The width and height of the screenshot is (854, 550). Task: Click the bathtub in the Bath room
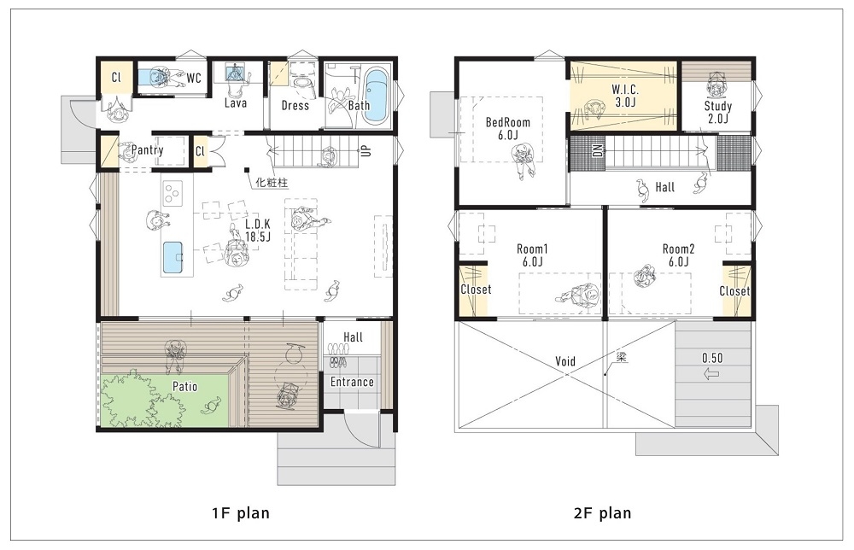[x=376, y=97]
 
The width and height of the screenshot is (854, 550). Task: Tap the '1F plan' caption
[x=241, y=513]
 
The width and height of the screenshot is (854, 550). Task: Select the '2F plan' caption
[x=603, y=513]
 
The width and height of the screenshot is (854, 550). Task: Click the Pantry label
[x=148, y=150]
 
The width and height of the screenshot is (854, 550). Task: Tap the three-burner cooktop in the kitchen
[x=173, y=193]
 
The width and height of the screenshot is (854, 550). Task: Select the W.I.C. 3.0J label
[x=624, y=96]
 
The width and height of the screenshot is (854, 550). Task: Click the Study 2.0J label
[x=717, y=113]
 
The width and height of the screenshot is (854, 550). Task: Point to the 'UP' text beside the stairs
[x=366, y=150]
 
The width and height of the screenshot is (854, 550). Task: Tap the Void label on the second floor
[x=565, y=362]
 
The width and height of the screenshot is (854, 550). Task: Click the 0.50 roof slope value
[x=713, y=357]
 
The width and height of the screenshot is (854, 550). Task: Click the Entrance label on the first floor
[x=353, y=382]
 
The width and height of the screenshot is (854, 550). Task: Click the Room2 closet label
[x=734, y=291]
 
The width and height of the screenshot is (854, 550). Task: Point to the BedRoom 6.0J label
[x=508, y=128]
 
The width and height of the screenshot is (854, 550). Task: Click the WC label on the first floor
[x=194, y=79]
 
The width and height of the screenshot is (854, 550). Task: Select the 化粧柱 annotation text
[x=271, y=181]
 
